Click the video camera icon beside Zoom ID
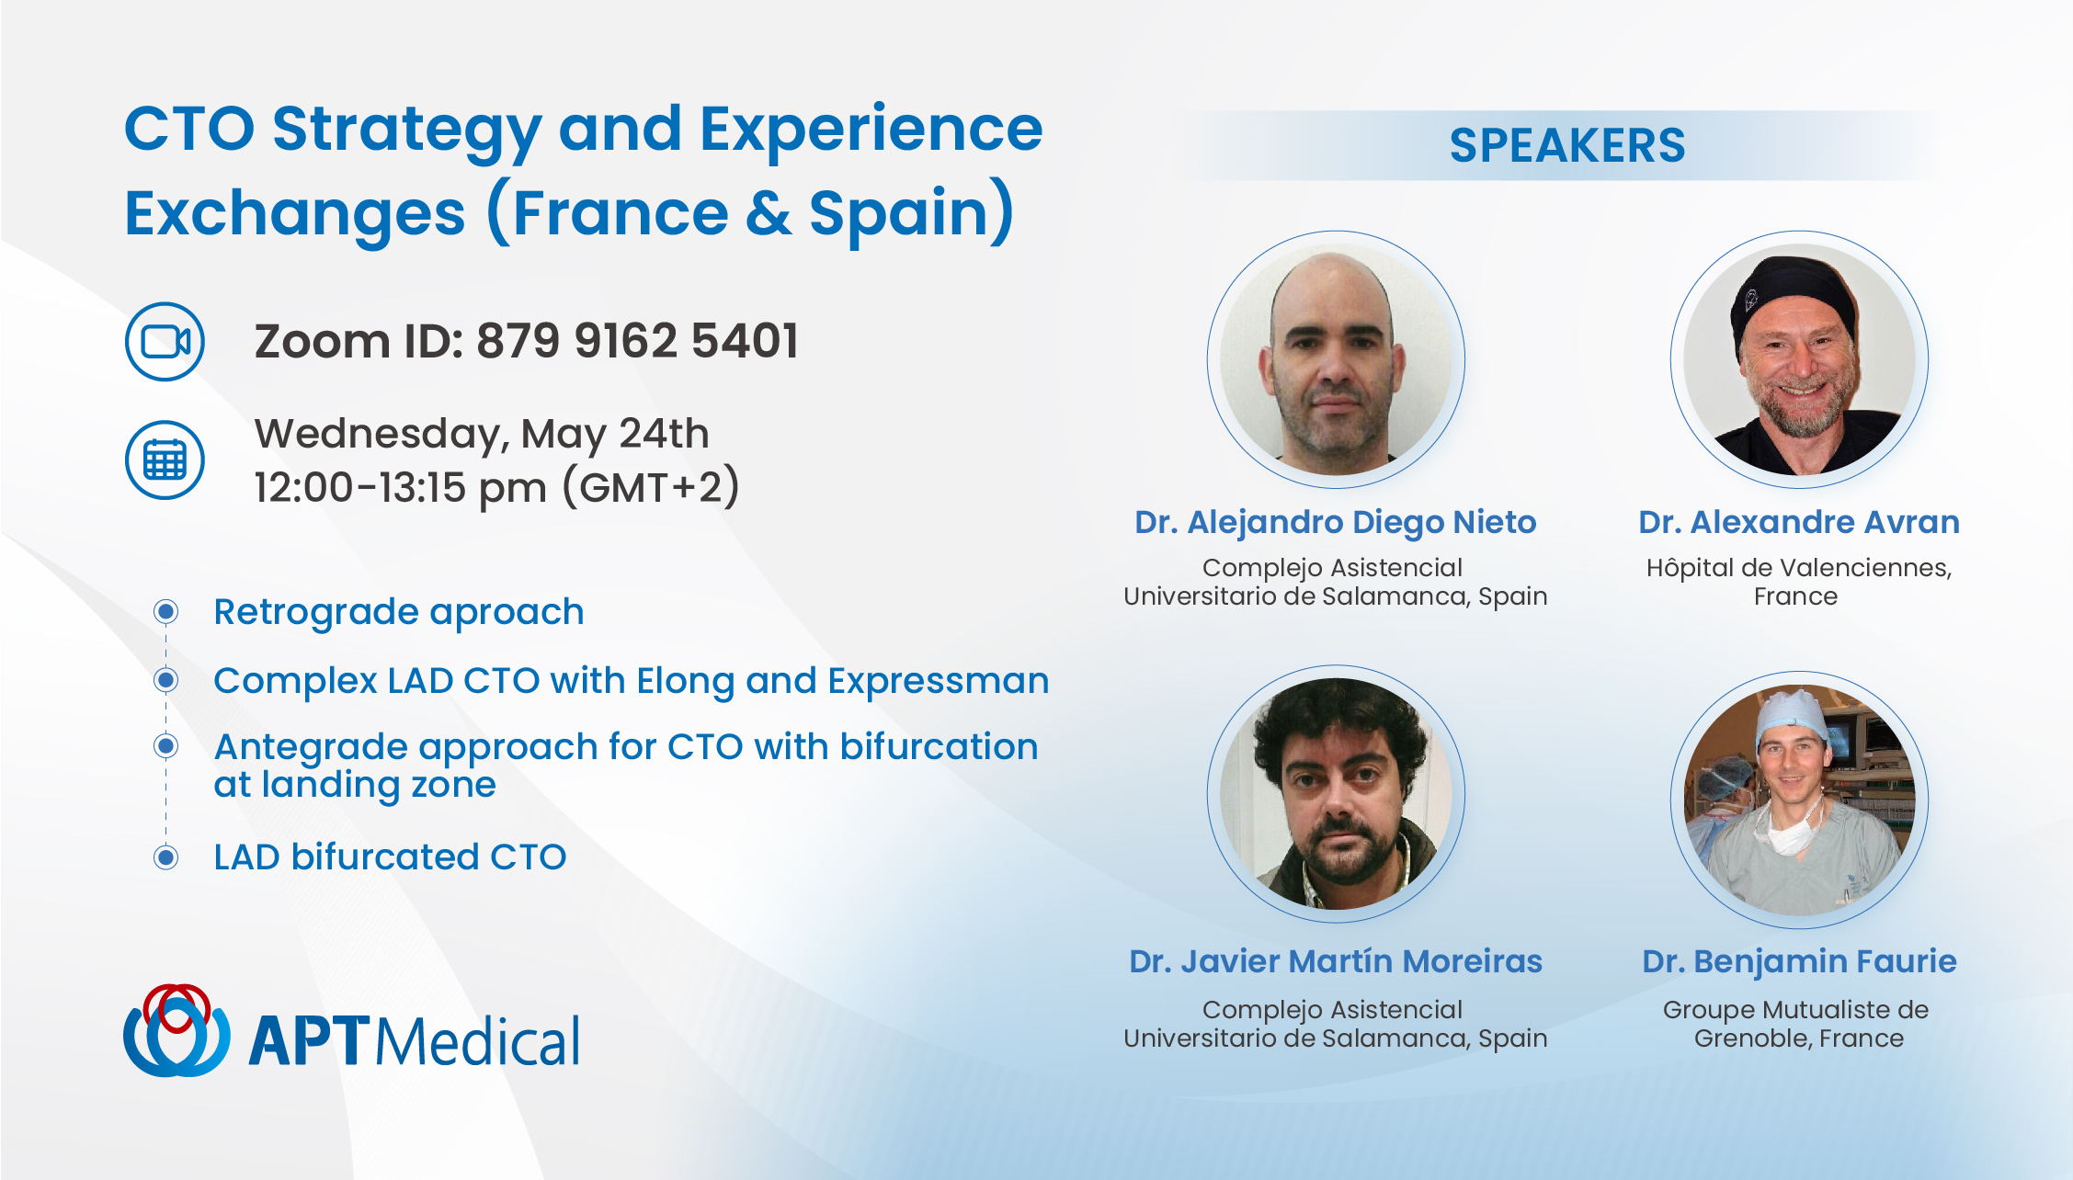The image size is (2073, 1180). [165, 342]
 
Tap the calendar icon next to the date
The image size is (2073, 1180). [165, 460]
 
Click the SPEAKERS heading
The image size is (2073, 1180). [1567, 145]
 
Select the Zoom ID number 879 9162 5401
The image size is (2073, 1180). [637, 341]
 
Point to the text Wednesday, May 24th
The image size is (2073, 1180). [482, 434]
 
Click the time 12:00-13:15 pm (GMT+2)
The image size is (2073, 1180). [496, 487]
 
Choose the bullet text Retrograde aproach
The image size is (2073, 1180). [399, 612]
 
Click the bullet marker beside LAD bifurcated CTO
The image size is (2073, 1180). [166, 857]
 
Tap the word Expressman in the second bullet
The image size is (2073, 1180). [938, 681]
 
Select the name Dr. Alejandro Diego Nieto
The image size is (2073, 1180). [1335, 522]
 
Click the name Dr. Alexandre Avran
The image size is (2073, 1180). [1798, 522]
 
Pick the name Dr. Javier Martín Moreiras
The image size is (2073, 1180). [1335, 961]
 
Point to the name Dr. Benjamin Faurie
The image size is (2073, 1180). [1799, 961]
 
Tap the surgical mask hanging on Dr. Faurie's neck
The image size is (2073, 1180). [1786, 833]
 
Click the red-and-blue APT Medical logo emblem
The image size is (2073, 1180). [177, 1030]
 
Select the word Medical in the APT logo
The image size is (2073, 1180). [478, 1042]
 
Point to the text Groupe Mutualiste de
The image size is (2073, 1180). [1795, 1010]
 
